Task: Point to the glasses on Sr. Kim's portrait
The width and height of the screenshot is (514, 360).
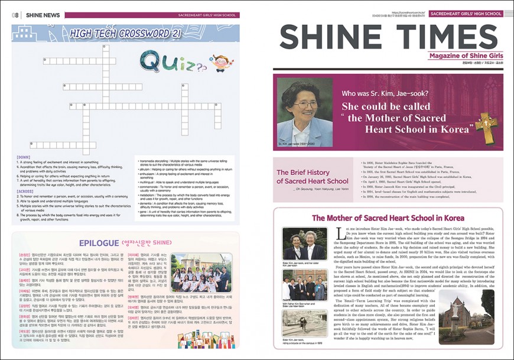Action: coord(305,104)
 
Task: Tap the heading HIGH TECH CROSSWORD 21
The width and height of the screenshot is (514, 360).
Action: coord(125,33)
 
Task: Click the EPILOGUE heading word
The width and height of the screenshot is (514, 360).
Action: coord(100,242)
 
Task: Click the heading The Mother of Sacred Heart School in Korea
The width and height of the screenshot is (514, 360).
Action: coord(388,218)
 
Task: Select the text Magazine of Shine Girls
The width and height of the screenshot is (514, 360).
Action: coord(466,56)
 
